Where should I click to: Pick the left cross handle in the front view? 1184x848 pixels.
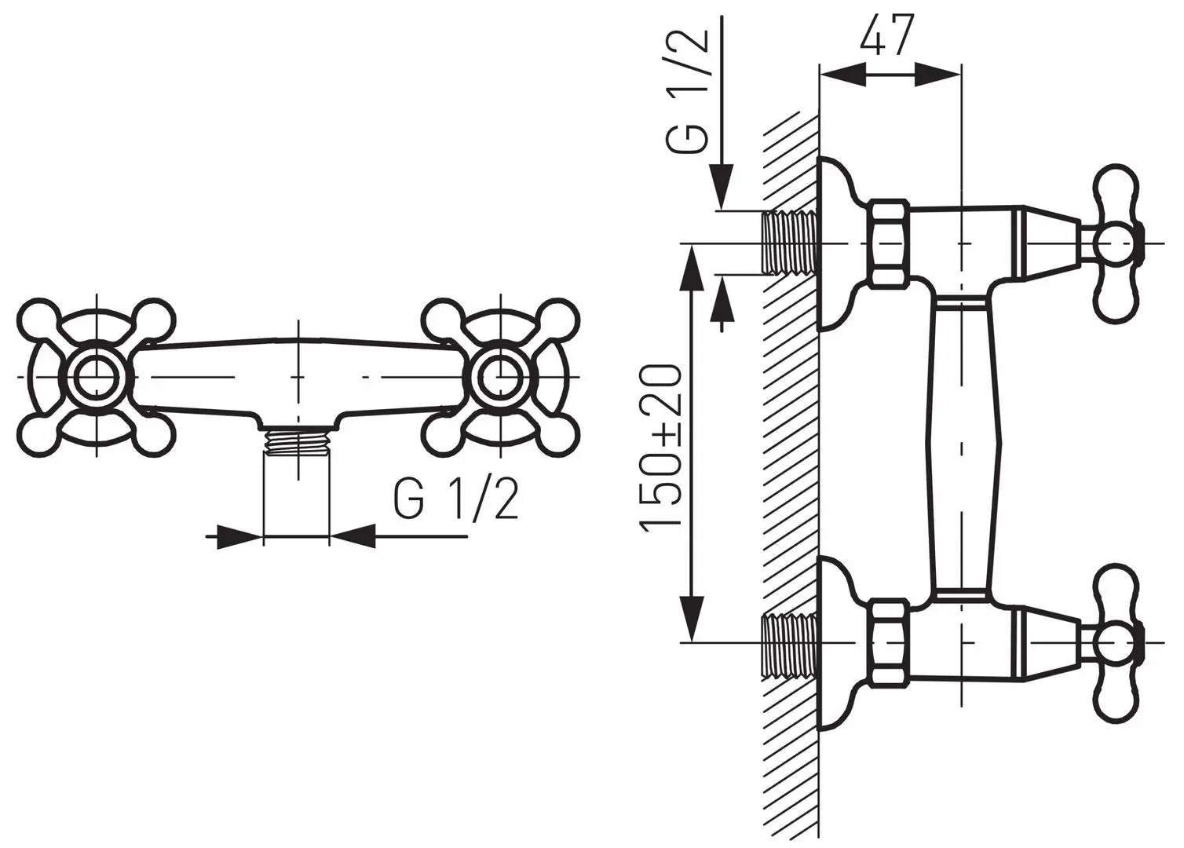(x=95, y=377)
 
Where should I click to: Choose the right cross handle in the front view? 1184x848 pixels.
(x=500, y=377)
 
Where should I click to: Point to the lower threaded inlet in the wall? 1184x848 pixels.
(x=789, y=642)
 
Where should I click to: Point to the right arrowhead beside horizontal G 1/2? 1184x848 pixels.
(x=353, y=537)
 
